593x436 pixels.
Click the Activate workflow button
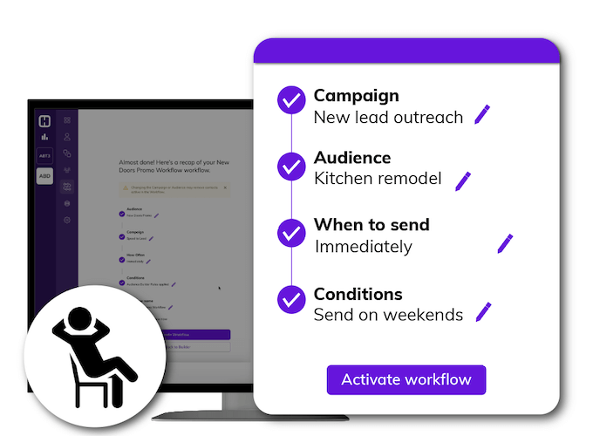point(406,380)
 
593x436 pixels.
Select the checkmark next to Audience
point(290,166)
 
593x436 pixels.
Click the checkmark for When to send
point(290,233)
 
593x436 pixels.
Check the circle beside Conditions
point(290,300)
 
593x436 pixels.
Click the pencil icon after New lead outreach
point(482,114)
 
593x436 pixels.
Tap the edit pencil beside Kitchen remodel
point(463,181)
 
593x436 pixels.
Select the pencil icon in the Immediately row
point(505,243)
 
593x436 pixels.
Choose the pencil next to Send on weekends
point(483,311)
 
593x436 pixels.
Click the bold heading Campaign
point(356,95)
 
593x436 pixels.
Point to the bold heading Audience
point(352,158)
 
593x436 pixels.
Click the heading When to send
point(371,225)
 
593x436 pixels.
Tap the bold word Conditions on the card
point(358,294)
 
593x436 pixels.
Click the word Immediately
point(363,247)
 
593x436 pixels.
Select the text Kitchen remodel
point(378,179)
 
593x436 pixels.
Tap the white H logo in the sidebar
point(44,121)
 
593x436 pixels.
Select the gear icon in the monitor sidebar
point(66,220)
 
